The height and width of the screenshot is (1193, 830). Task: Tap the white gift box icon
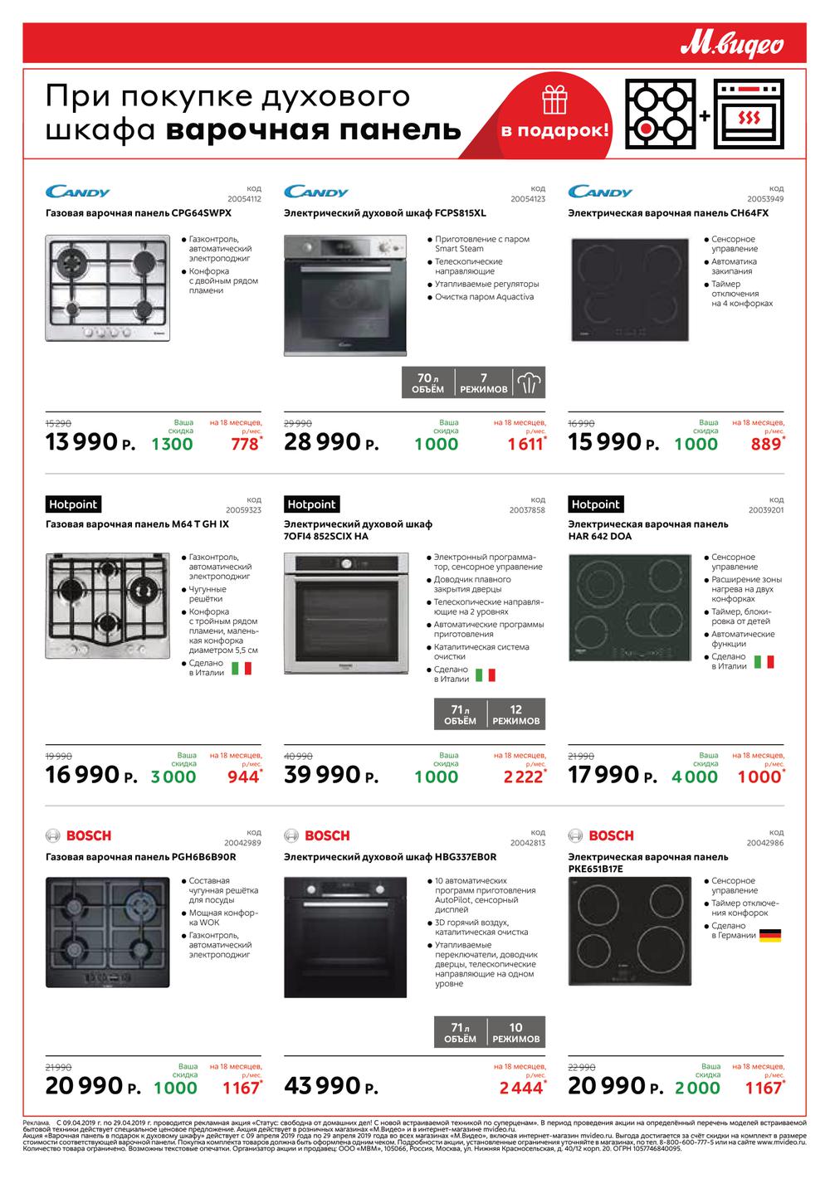554,100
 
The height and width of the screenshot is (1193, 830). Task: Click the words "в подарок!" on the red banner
554,131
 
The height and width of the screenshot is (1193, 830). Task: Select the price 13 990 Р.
90,442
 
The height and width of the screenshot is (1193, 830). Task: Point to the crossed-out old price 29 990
298,423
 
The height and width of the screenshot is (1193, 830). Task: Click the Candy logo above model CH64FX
600,192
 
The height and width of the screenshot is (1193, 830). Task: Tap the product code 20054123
528,199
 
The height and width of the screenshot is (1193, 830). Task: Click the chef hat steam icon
529,382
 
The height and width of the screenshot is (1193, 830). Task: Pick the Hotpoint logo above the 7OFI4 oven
311,504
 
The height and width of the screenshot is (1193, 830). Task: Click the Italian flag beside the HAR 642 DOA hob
764,661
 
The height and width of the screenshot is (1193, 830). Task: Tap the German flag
770,935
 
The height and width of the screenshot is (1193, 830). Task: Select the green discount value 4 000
695,777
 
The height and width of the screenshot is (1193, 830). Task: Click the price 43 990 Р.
331,1086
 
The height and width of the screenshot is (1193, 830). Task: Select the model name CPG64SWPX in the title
201,213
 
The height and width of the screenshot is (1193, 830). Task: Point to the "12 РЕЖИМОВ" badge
515,715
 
